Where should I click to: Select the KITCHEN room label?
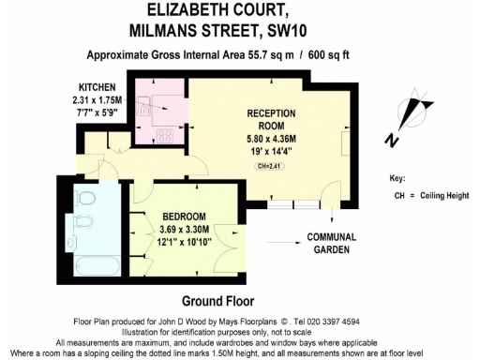[x=97, y=85]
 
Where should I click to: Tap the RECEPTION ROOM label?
[x=272, y=118]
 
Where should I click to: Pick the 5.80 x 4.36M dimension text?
[x=272, y=135]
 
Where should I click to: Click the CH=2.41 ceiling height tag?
[x=271, y=165]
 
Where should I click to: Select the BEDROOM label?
[x=177, y=215]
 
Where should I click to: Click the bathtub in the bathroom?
[x=92, y=262]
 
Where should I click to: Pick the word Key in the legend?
[x=397, y=178]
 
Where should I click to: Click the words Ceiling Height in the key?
[x=446, y=195]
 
